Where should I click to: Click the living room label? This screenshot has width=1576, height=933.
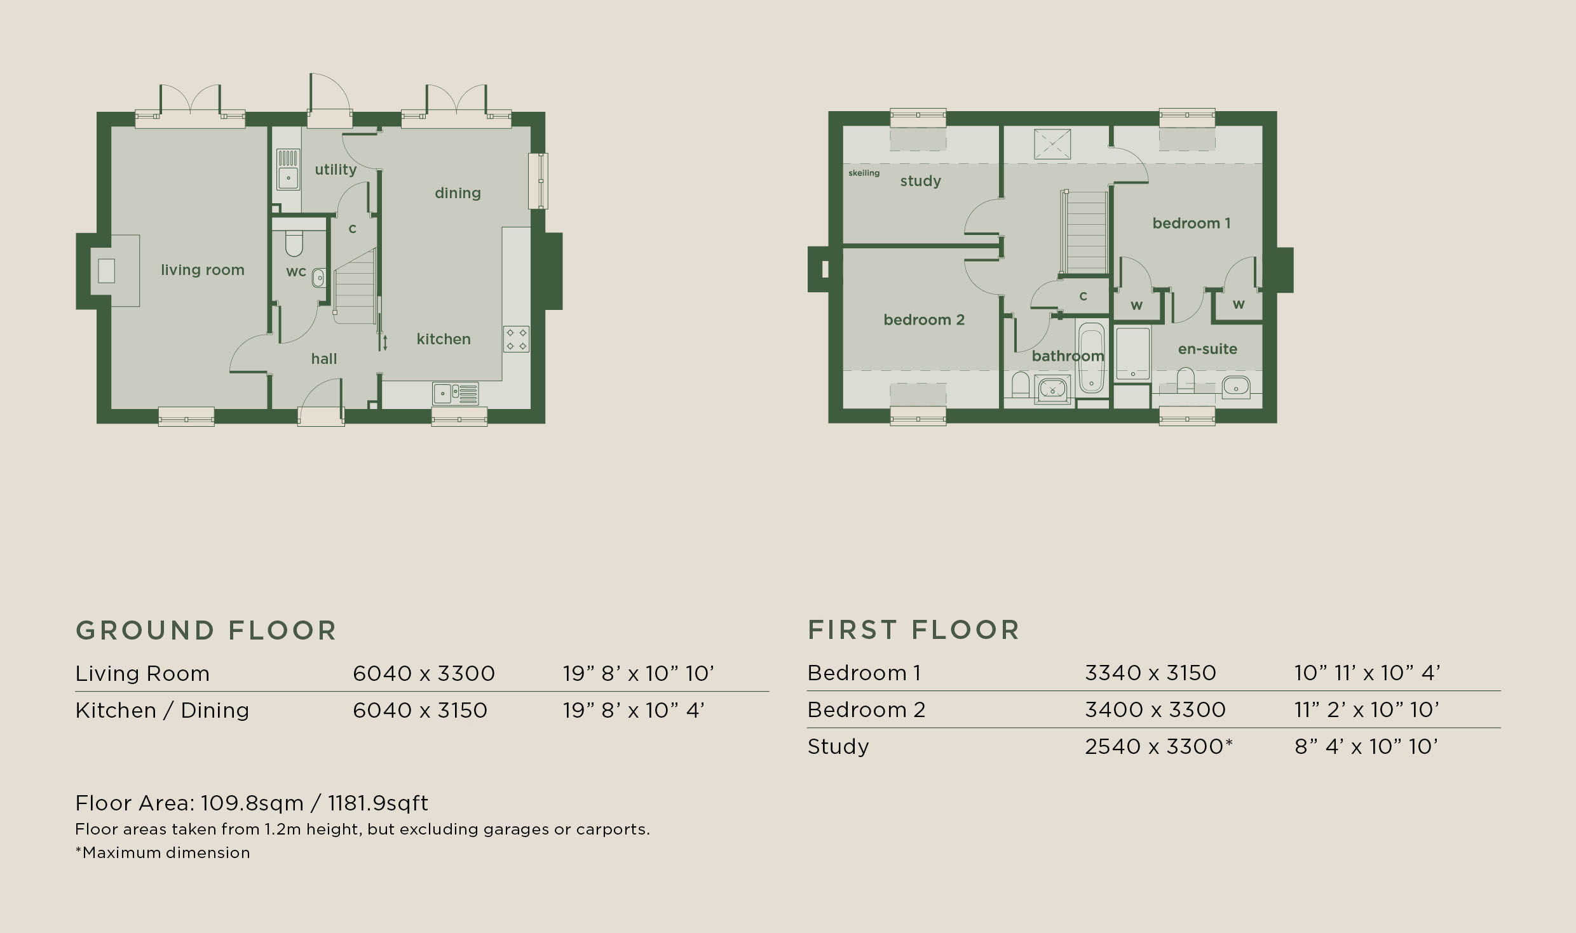click(x=203, y=270)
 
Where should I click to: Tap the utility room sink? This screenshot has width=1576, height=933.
click(x=288, y=170)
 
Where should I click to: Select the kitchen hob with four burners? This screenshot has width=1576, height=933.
click(x=516, y=339)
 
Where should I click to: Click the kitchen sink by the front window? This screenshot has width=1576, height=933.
click(x=456, y=394)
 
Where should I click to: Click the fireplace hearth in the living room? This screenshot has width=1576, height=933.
click(x=115, y=271)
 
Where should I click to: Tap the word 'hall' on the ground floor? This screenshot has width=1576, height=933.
click(x=324, y=359)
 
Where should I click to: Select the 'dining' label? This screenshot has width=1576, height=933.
click(x=458, y=193)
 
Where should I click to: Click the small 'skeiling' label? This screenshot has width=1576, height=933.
click(x=864, y=173)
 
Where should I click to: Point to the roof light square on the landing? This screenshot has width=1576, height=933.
click(x=1052, y=144)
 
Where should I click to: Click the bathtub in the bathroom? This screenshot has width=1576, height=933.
click(x=1092, y=358)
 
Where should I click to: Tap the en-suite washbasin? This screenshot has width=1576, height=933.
click(x=1236, y=386)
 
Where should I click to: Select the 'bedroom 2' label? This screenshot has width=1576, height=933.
click(x=924, y=320)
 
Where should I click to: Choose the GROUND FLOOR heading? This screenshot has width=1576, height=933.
click(x=206, y=631)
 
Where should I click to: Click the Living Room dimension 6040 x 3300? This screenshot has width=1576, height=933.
click(x=424, y=673)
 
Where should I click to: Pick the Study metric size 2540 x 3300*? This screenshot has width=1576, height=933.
click(x=1158, y=746)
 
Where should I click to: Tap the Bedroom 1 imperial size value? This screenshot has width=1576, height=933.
click(x=1368, y=673)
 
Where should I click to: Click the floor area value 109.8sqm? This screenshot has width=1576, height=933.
click(x=252, y=803)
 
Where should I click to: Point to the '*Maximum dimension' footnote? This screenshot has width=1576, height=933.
click(x=163, y=852)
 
